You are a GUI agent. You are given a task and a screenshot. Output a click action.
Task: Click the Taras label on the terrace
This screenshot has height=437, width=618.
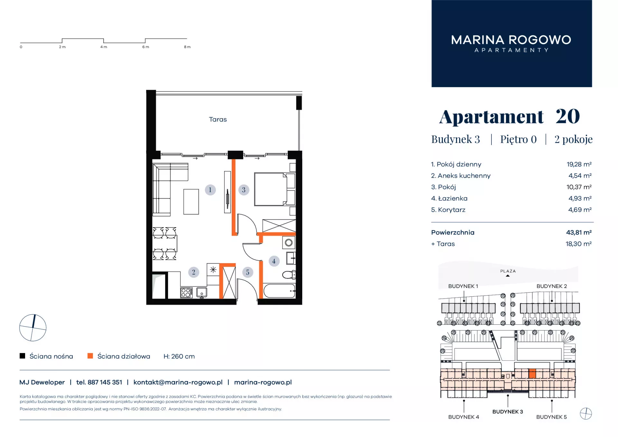click(x=218, y=119)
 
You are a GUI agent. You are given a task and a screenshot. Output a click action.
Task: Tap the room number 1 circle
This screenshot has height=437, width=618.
click(x=210, y=190)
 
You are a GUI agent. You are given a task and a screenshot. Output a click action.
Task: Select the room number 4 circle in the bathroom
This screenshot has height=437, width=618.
click(x=274, y=261)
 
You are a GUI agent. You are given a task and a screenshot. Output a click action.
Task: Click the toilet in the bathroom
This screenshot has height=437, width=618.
click(x=289, y=274)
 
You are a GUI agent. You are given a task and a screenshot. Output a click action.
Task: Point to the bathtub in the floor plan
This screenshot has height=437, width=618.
click(x=279, y=291)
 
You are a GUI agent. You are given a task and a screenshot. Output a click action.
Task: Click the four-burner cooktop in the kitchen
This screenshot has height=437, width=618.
click(x=186, y=293)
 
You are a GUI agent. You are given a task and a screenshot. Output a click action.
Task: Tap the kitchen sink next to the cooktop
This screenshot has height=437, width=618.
click(x=202, y=293)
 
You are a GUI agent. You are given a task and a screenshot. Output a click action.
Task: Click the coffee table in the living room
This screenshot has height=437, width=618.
click(x=191, y=202)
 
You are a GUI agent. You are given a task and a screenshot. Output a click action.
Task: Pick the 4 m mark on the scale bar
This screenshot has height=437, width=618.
click(x=104, y=47)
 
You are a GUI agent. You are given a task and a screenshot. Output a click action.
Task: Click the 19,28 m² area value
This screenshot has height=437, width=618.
click(x=579, y=164)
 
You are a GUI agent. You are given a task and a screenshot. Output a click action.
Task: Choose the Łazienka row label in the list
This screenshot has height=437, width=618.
click(x=449, y=199)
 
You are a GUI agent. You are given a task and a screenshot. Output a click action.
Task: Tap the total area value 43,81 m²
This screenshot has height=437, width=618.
click(x=579, y=232)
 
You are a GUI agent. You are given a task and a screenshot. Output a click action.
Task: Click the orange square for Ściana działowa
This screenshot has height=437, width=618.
click(x=90, y=356)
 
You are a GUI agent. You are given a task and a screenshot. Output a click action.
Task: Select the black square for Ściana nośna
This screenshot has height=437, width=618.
click(x=23, y=356)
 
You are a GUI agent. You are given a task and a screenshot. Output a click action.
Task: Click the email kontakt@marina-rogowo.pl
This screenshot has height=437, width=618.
click(x=178, y=382)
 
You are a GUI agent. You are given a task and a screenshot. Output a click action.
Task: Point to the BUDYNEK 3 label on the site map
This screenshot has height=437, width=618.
click(x=508, y=412)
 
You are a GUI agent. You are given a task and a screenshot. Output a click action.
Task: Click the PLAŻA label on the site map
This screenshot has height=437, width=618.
click(x=508, y=271)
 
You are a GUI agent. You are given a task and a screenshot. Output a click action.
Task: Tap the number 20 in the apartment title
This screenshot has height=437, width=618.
click(x=568, y=116)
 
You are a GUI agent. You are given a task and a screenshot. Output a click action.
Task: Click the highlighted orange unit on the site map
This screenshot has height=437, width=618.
click(x=532, y=373)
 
